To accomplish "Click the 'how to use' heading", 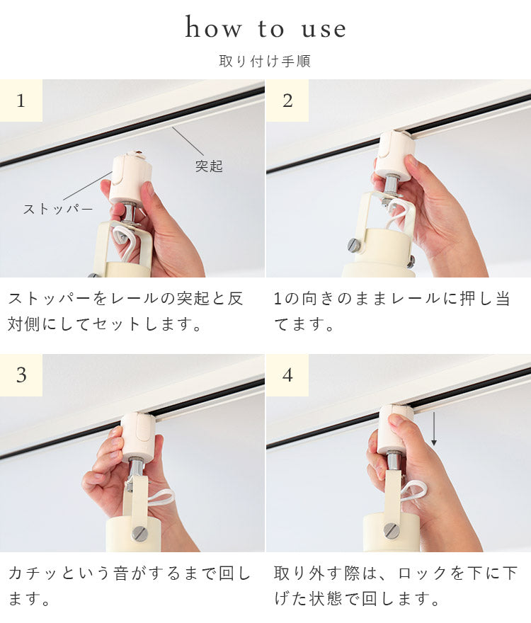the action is (265, 28).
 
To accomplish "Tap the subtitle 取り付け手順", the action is (265, 61).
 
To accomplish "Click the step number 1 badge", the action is (21, 101).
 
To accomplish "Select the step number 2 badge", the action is (287, 101).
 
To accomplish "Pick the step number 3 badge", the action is (21, 375).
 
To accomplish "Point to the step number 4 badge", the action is (287, 375).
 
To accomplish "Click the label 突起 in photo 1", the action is (209, 166).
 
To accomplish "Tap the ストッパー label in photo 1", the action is (58, 209).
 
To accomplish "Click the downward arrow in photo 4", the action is (434, 429).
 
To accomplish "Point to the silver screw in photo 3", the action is (139, 533).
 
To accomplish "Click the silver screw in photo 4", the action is (391, 530).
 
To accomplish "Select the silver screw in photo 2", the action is (354, 245).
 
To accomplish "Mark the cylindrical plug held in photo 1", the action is (130, 179).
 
